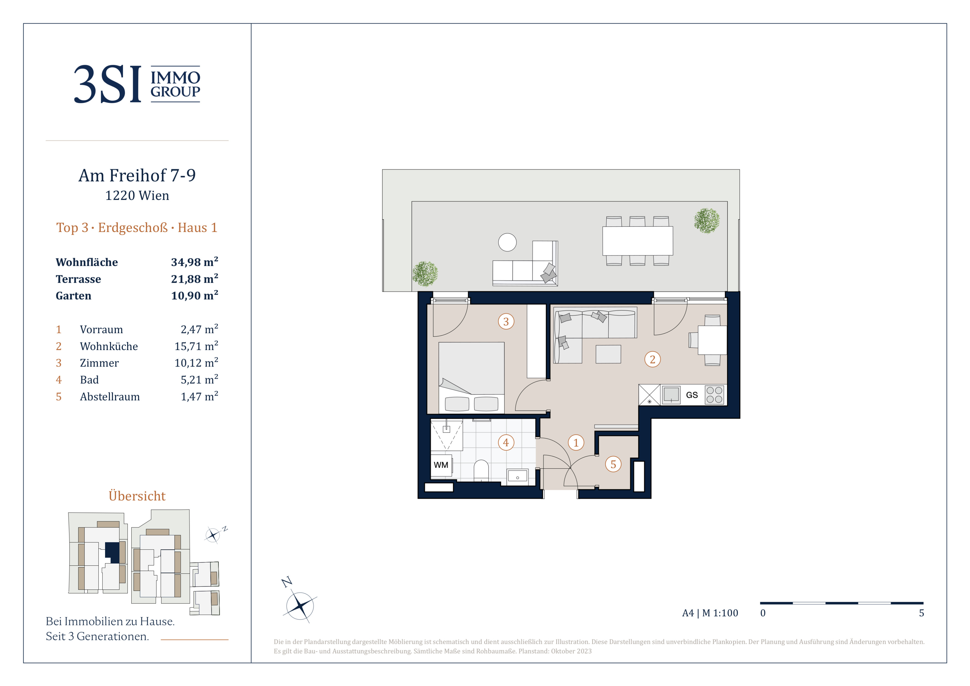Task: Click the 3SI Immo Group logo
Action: pos(137,84)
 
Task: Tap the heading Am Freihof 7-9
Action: pos(137,175)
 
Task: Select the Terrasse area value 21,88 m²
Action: pos(194,279)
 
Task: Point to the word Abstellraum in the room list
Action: pos(109,397)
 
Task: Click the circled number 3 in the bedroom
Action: pos(506,322)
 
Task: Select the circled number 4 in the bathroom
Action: pos(506,443)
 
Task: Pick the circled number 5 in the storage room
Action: pos(613,464)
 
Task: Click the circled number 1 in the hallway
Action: pos(576,443)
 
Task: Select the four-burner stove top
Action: pos(714,395)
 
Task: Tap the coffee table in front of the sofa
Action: pos(608,354)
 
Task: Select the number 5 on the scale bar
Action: pos(921,613)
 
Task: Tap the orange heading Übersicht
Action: pos(137,496)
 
